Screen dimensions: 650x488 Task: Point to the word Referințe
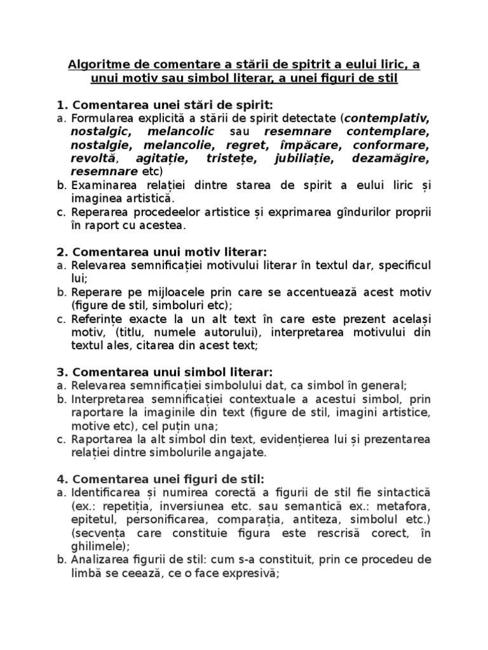coord(100,319)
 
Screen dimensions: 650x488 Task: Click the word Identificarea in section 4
coord(105,492)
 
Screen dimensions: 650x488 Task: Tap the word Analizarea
coord(102,559)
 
